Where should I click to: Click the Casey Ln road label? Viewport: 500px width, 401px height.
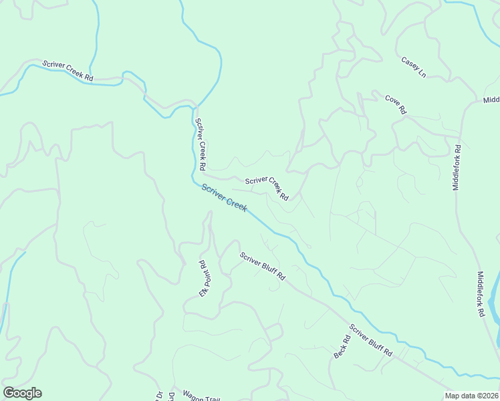[x=413, y=67]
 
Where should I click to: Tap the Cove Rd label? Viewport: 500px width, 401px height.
[x=396, y=105]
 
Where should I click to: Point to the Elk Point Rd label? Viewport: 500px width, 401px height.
[x=204, y=279]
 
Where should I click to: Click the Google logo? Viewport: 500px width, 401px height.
[x=22, y=393]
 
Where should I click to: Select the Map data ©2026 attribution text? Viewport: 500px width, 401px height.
[x=472, y=396]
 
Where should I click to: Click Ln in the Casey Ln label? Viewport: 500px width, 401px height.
[x=421, y=72]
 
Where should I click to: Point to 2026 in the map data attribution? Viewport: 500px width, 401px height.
[x=489, y=396]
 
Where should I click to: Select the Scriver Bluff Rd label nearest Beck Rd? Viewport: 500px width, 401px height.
[x=370, y=341]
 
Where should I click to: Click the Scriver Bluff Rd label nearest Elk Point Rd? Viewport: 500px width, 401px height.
[x=263, y=266]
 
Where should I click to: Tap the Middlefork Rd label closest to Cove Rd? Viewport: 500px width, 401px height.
[x=457, y=168]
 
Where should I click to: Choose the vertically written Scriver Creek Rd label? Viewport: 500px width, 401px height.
[x=200, y=143]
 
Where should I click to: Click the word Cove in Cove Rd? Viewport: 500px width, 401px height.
[x=392, y=102]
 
